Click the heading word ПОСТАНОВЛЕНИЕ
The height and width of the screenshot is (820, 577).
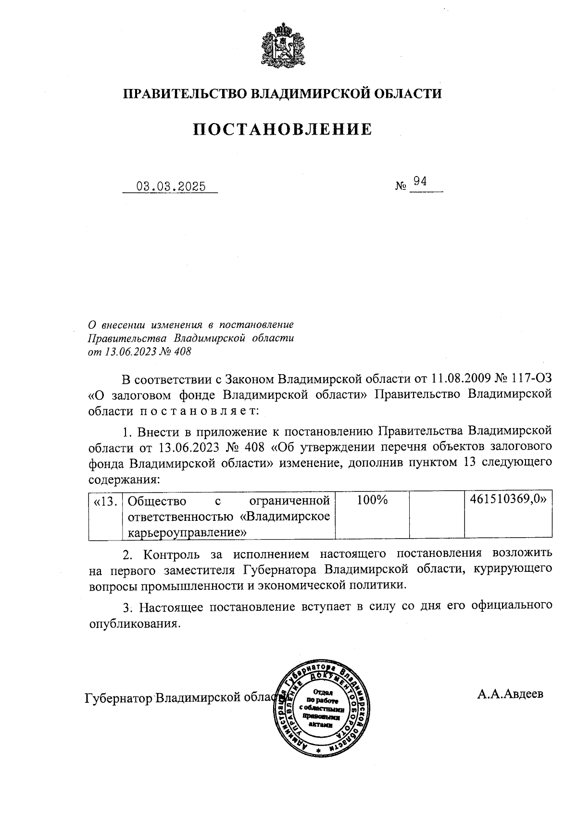coord(283,129)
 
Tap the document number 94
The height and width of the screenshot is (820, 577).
coord(420,181)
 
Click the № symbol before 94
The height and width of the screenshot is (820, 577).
coord(401,186)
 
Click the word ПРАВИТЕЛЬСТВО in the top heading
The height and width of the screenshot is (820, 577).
coord(186,93)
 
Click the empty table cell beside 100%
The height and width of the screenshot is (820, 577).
coord(436,515)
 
